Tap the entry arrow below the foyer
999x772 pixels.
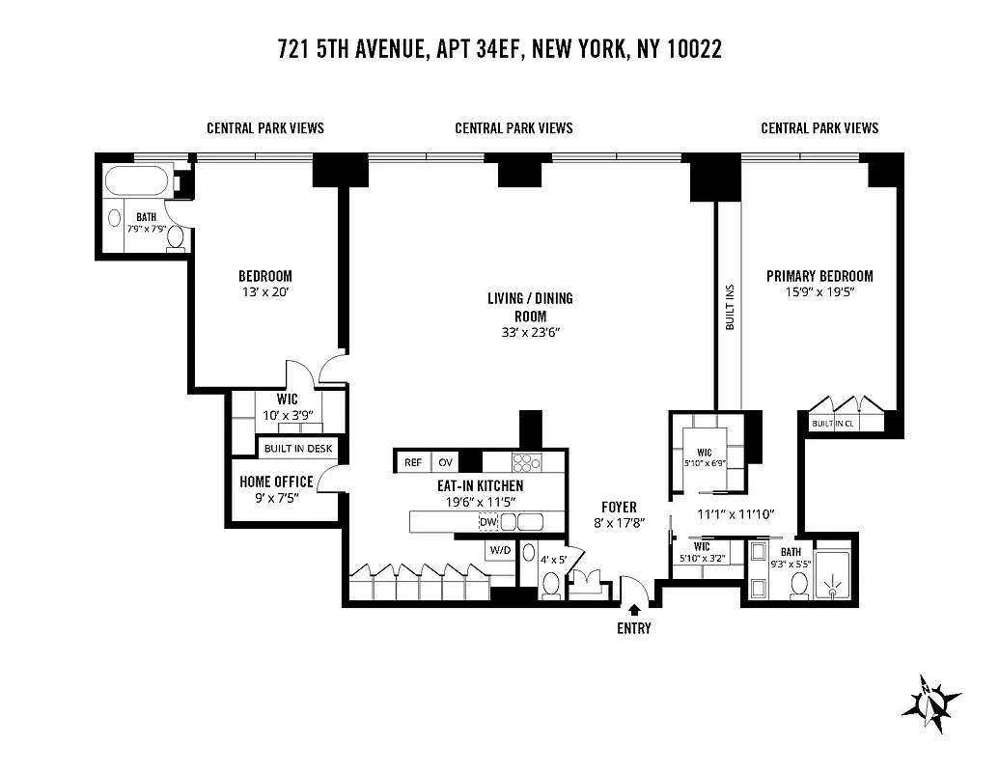click(634, 610)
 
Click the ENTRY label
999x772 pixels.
click(634, 629)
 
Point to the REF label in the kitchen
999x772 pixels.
click(413, 462)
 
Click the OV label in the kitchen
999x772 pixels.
click(445, 462)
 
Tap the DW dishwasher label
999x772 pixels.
click(487, 522)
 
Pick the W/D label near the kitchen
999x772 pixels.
click(500, 550)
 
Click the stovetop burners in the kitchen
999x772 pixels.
click(526, 462)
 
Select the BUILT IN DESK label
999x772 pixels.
click(297, 449)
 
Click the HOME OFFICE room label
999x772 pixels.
click(276, 482)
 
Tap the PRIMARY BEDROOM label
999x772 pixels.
click(819, 276)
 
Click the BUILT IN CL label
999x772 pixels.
click(833, 424)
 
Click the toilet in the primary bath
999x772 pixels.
click(798, 586)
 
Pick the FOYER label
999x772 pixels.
click(619, 507)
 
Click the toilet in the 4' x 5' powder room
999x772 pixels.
click(551, 583)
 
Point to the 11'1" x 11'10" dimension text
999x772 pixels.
click(736, 514)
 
